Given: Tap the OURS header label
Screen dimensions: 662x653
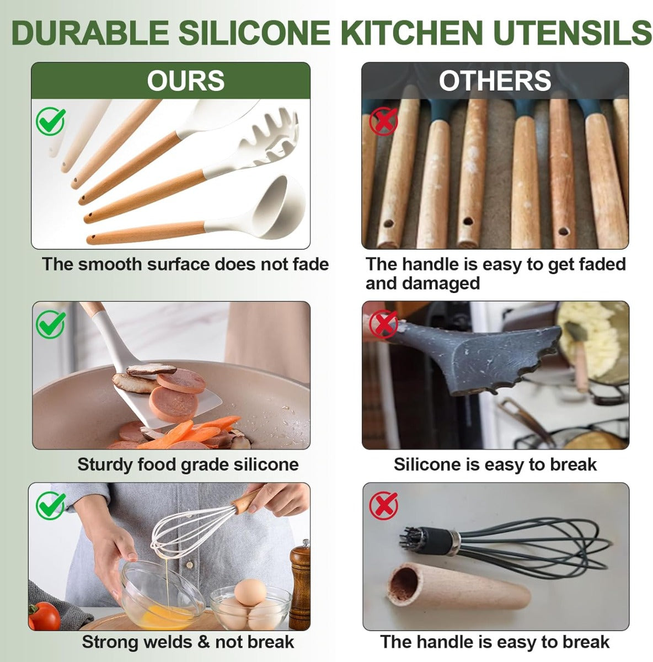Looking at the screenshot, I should click(x=185, y=81).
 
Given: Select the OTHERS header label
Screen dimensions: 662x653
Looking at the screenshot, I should click(x=495, y=81).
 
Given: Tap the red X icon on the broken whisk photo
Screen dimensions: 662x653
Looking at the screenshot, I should click(x=384, y=505).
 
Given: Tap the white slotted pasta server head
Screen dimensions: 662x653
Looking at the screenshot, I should click(x=270, y=141).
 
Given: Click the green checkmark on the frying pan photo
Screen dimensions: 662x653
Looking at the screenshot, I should click(x=51, y=324).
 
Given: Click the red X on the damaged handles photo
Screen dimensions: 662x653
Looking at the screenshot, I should click(x=384, y=121).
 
